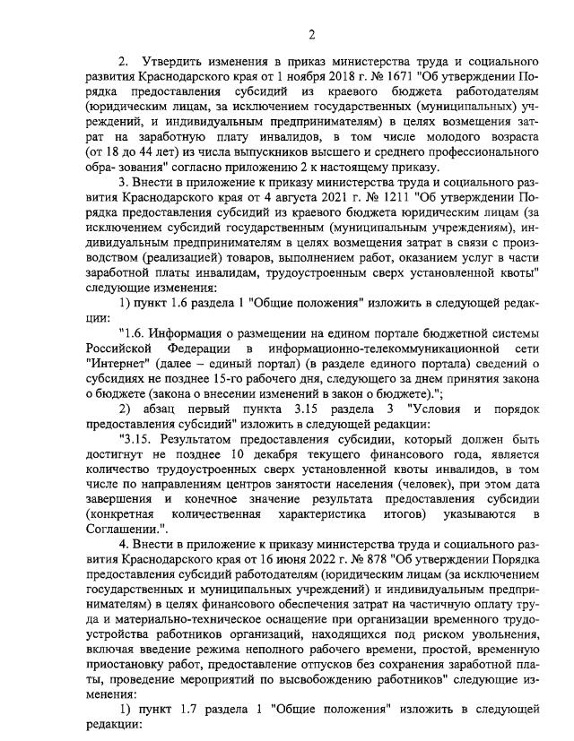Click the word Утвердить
(x=171, y=62)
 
